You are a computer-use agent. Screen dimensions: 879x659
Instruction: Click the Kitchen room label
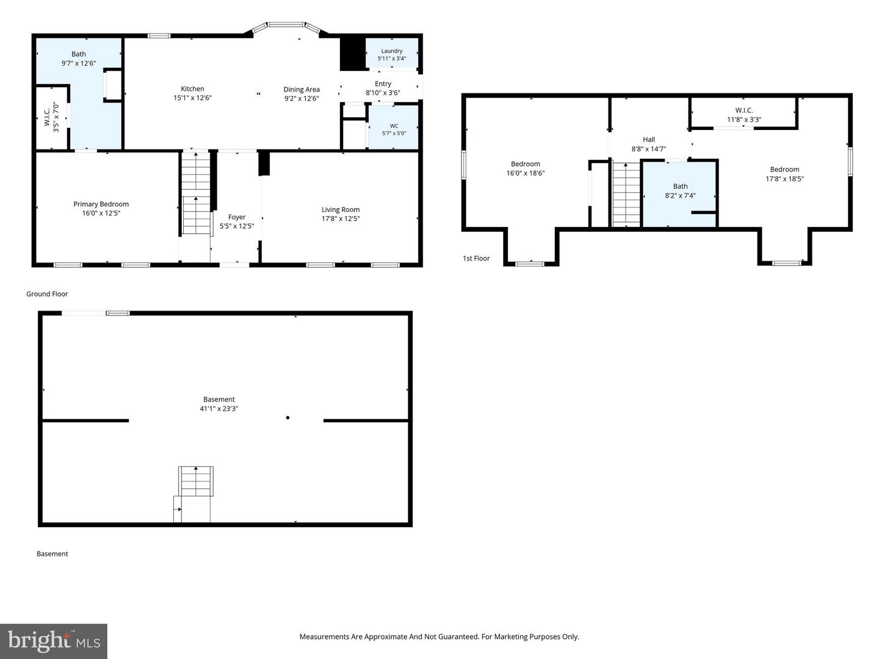click(192, 89)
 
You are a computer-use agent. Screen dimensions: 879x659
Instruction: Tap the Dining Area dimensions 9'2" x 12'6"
click(302, 98)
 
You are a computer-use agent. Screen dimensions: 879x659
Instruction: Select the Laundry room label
click(392, 51)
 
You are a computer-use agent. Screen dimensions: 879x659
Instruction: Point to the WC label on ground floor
click(394, 126)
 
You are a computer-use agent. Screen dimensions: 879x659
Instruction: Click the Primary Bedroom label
click(101, 204)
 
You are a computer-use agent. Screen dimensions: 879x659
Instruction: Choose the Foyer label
click(237, 217)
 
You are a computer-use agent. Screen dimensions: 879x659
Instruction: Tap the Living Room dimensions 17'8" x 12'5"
click(341, 218)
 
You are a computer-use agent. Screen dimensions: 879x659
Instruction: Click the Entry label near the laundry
click(383, 84)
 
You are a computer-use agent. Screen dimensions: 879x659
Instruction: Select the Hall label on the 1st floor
click(649, 139)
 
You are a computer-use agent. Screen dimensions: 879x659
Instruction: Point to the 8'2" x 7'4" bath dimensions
click(681, 196)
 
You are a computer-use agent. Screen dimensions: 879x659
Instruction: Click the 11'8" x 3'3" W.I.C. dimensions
click(744, 120)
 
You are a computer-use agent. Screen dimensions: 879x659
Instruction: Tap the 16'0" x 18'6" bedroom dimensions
click(526, 173)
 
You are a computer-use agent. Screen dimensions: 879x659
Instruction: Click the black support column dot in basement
click(288, 418)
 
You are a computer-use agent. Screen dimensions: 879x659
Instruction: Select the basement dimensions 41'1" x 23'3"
click(219, 409)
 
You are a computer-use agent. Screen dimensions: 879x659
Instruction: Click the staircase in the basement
click(196, 481)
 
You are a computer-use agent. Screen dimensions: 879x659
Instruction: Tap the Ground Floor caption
click(47, 294)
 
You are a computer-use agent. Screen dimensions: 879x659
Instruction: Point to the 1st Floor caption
click(476, 259)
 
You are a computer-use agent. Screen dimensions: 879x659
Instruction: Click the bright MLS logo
click(54, 641)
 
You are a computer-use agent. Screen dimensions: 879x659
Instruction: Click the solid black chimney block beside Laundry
click(352, 54)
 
